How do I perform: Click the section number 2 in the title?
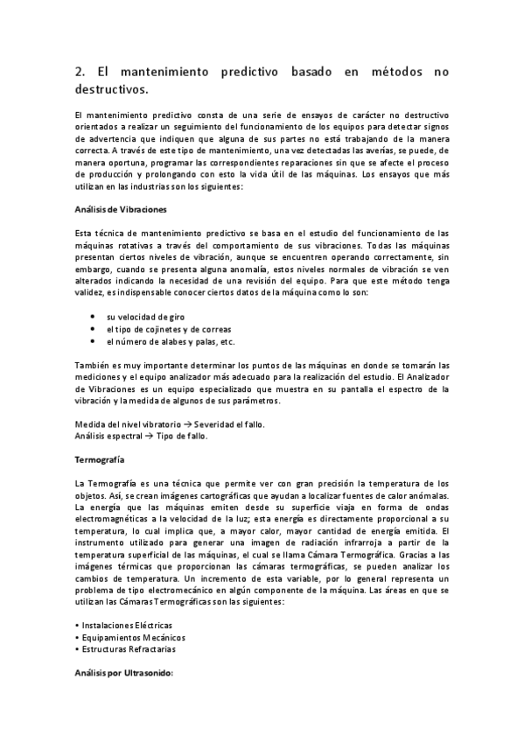[x=79, y=74]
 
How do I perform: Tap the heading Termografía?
[x=100, y=459]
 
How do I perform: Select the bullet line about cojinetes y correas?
[x=163, y=329]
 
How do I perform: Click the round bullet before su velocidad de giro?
[x=94, y=316]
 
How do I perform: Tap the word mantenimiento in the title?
[x=154, y=74]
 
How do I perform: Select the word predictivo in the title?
[x=246, y=74]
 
